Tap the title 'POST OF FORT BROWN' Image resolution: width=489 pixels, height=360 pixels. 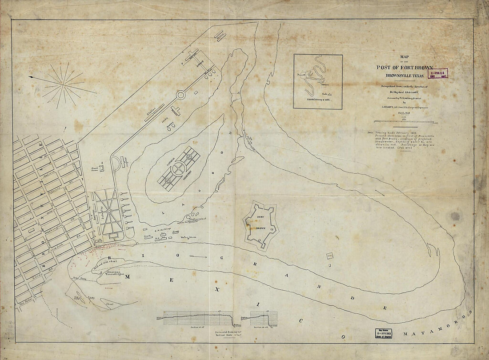coord(404,68)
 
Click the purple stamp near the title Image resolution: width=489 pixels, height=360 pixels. coord(437,73)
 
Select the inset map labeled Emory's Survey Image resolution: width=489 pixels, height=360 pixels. coord(318,81)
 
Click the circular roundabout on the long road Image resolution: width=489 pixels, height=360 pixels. coord(181,95)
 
